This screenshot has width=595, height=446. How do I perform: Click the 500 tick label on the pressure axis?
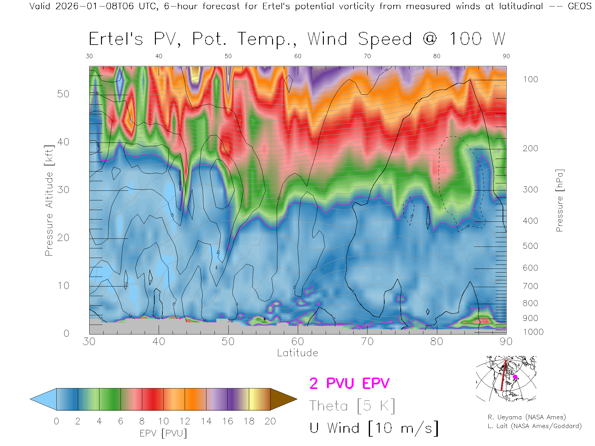(530, 246)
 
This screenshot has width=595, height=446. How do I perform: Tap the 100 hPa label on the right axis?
(530, 79)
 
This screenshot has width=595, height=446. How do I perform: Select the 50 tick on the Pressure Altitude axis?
(63, 94)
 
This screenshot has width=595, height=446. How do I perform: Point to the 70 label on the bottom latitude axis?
(367, 341)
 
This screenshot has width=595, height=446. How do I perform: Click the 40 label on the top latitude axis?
(159, 56)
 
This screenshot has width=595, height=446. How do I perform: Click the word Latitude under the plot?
(297, 353)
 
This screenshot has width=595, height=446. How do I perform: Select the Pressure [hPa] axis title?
(559, 200)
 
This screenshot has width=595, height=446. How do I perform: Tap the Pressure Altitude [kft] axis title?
(49, 200)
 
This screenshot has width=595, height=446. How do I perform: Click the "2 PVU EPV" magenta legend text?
(349, 383)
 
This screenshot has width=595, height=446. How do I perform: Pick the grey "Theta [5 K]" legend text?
(352, 406)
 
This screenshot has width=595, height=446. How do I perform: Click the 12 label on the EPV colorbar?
(185, 421)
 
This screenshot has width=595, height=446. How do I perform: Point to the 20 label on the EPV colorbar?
(270, 421)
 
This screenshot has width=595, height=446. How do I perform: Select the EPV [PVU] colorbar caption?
(163, 433)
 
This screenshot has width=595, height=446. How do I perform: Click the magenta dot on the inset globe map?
(515, 377)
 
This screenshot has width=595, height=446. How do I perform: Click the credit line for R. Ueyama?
(527, 417)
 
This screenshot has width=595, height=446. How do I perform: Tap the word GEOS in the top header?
(580, 6)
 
